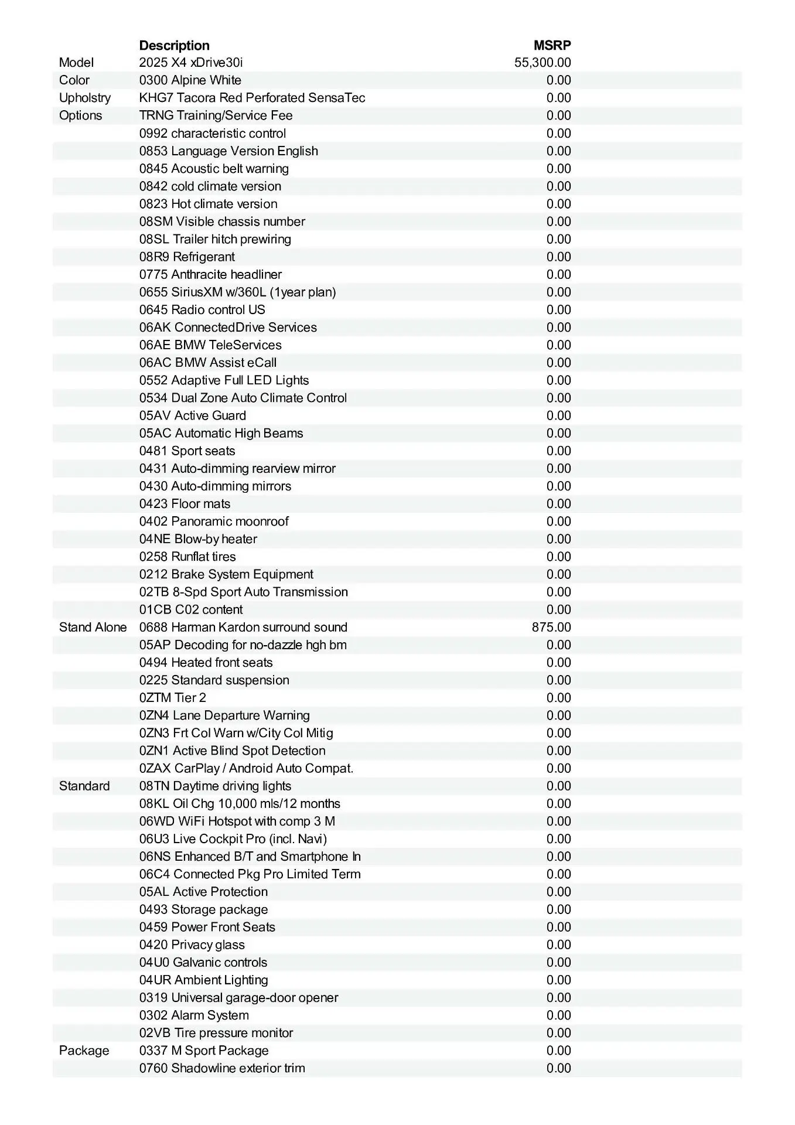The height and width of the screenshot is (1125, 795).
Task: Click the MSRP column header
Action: point(552,46)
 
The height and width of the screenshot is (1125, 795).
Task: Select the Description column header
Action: point(174,46)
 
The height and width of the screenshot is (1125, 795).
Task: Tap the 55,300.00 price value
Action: point(542,63)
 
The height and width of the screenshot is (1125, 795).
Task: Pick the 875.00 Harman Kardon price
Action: point(551,627)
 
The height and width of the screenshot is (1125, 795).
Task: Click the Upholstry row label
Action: point(85,98)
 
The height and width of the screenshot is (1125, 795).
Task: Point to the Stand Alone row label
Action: point(93,627)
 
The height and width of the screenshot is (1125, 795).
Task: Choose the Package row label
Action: point(84,1051)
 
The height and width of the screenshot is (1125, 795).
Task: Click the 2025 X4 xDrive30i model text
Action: point(191,63)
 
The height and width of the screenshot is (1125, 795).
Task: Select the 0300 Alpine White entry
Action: point(190,80)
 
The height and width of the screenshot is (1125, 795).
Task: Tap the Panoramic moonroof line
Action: point(214,521)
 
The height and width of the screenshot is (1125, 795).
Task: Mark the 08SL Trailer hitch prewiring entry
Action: point(215,239)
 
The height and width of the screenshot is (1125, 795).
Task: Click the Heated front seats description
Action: point(206,663)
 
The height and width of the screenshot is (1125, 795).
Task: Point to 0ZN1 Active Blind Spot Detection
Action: point(232,751)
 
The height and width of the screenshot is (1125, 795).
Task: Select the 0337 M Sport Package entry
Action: point(204,1051)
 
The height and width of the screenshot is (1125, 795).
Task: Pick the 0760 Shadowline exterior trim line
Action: point(222,1068)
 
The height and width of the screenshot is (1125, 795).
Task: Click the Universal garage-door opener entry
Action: point(238,998)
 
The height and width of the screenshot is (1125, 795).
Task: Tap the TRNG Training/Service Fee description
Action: point(216,115)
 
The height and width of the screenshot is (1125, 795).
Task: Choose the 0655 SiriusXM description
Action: point(237,292)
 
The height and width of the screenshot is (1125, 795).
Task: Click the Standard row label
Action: point(84,786)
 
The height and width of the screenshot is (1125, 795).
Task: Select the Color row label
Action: point(74,80)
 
